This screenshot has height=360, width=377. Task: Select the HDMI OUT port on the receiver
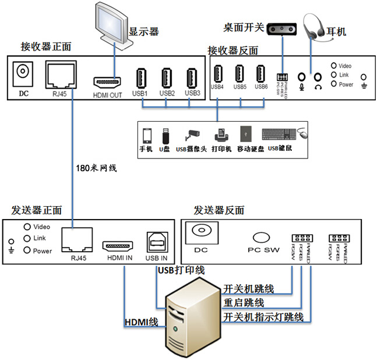pos(107,80)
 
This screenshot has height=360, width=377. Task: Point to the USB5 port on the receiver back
pos(239,74)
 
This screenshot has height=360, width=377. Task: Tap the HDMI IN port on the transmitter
pos(119,245)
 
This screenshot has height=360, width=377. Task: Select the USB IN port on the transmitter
pos(156,243)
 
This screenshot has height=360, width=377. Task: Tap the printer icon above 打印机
pos(221,135)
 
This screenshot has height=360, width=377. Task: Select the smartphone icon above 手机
pos(146,135)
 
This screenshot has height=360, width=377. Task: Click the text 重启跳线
pos(244,303)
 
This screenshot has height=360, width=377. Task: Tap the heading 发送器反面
pos(219,210)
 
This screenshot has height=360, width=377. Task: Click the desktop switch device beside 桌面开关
pos(284,28)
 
